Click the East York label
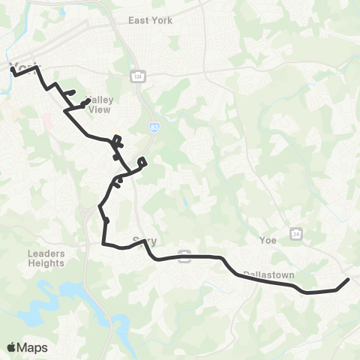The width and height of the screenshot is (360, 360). [x=150, y=20]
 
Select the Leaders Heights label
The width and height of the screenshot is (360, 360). [x=46, y=258]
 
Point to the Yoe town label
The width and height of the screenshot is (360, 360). [x=268, y=241]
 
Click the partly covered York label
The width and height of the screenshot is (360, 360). [x=22, y=67]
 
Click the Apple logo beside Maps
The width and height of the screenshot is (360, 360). [x=11, y=347]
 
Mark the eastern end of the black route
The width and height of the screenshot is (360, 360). [x=349, y=279]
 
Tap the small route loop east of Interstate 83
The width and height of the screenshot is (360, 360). [x=142, y=161]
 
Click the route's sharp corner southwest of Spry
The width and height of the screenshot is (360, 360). [x=103, y=243]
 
